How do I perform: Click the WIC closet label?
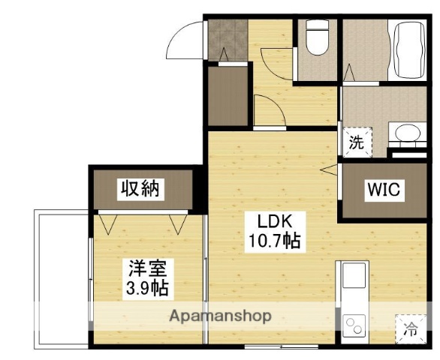383,190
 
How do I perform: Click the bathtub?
406,46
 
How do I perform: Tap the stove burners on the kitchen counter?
352,324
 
